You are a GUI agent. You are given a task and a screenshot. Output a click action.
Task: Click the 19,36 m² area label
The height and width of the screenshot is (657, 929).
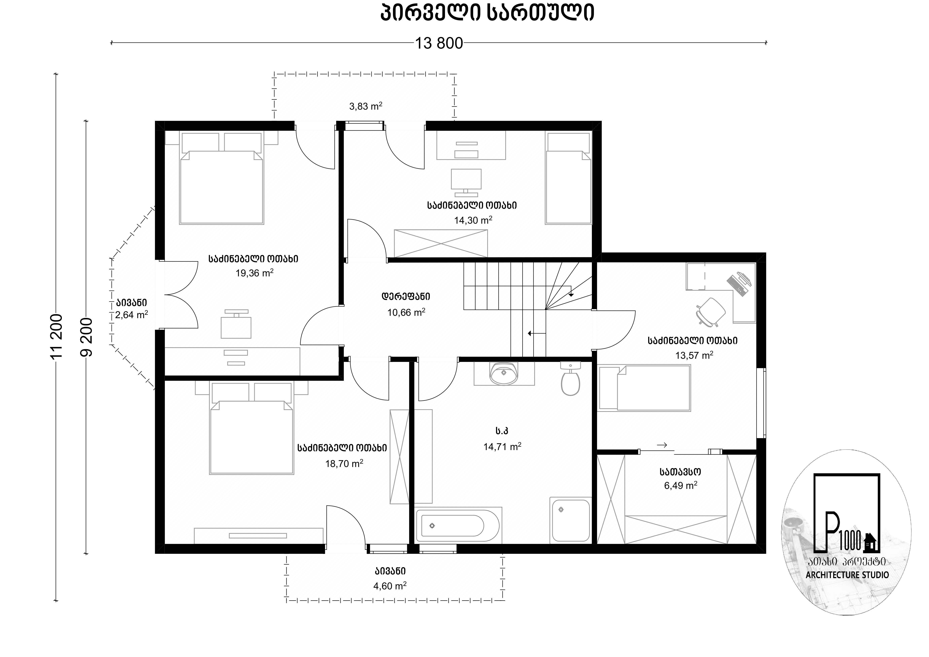[255, 273]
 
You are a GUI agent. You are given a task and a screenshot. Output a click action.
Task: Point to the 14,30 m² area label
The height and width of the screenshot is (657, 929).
[473, 220]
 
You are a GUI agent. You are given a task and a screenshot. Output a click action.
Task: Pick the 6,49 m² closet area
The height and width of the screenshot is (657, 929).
[681, 485]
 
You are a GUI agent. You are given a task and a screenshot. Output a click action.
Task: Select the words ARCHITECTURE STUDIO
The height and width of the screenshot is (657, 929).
[847, 575]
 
